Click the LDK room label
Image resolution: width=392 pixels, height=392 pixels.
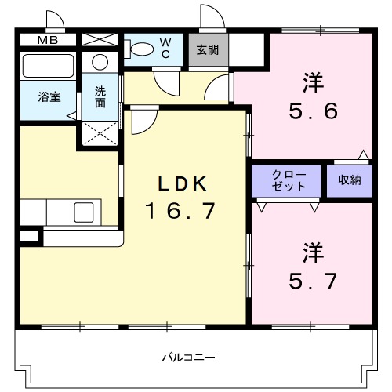coord(182,184)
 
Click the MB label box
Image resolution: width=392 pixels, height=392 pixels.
coord(46,39)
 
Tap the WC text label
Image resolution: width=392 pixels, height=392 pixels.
coord(166,47)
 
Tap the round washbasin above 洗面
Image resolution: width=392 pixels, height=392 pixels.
coord(100,63)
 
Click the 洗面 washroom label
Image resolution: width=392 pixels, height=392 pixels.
coord(101,96)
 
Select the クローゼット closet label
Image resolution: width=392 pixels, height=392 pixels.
coord(285,180)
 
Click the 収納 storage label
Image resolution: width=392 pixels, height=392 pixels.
coord(350,180)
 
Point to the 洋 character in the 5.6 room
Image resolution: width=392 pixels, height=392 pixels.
coord(313,81)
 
